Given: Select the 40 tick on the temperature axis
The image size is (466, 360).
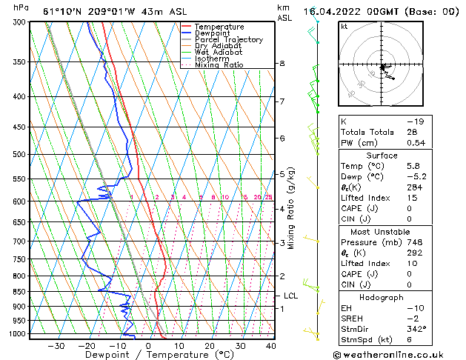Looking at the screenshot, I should pos(270,346).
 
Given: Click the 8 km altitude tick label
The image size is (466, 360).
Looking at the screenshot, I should pos(282,64).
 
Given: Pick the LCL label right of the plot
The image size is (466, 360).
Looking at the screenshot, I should pos(291,296).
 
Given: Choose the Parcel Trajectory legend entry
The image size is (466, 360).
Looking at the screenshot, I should pos(228,40).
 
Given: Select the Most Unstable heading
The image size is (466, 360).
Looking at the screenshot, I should pos(382,232).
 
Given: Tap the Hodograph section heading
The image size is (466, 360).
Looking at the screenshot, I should pos(382,297).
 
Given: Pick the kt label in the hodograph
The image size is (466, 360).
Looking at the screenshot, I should pos(344,27).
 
